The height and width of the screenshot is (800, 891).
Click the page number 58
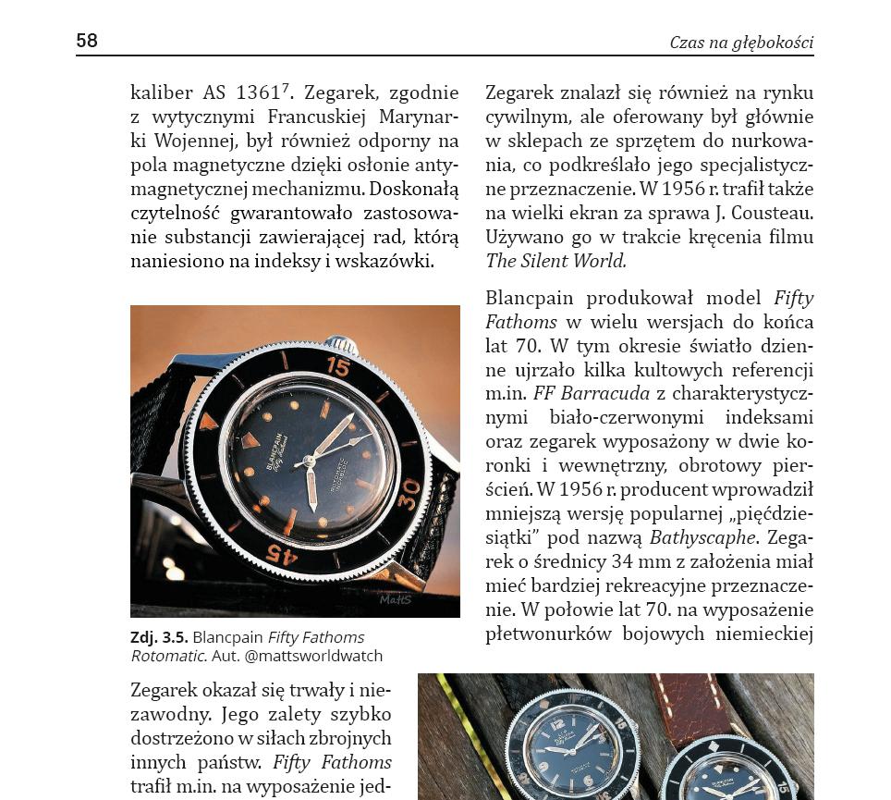(87, 41)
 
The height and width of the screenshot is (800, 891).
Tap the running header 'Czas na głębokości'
(741, 43)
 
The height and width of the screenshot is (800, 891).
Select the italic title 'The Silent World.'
(555, 261)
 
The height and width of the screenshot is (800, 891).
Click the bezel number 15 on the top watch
(337, 367)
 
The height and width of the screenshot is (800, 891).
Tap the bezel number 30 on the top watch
(409, 487)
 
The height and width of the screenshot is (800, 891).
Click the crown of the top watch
(338, 343)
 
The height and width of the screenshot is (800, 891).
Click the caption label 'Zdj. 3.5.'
(159, 637)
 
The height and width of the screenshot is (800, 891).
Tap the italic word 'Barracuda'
(616, 393)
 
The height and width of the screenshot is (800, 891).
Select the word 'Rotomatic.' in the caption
(167, 656)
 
